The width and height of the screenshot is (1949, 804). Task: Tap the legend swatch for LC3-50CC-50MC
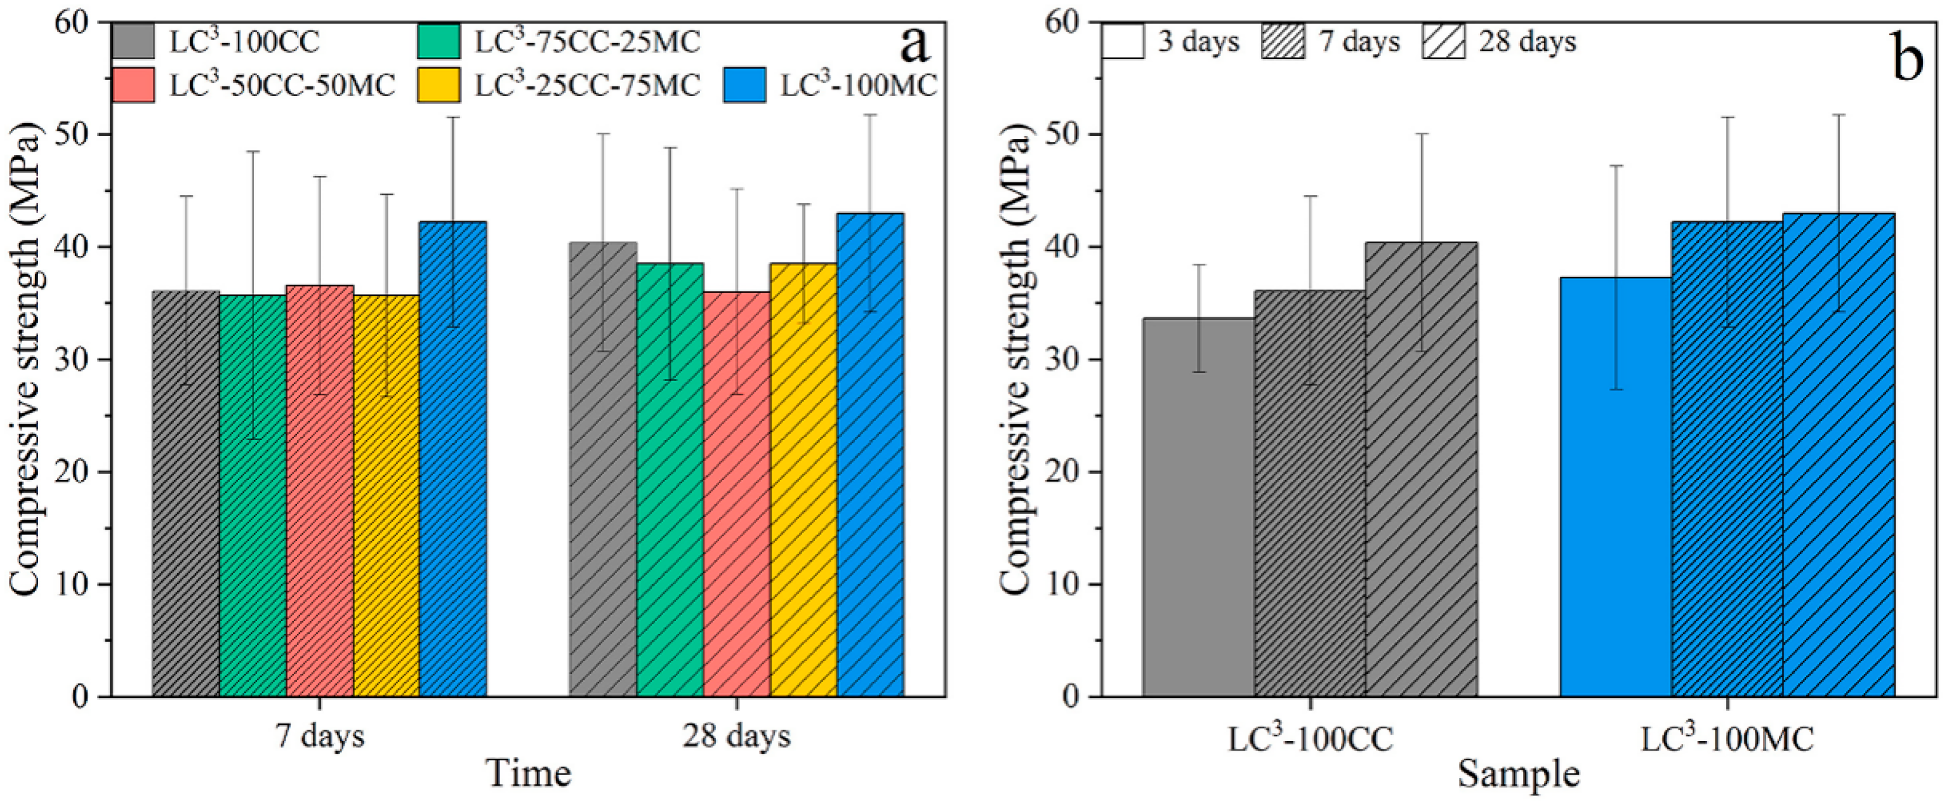click(x=133, y=85)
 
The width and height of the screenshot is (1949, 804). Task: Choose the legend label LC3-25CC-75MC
click(x=587, y=85)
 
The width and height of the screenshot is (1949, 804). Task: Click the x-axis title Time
click(x=528, y=774)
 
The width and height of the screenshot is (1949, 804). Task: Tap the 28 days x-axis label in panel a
click(x=736, y=736)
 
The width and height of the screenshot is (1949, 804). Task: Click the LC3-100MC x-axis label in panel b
click(x=1728, y=740)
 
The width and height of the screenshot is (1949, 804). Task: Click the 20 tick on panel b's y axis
click(x=1064, y=472)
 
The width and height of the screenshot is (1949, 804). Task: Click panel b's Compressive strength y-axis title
click(x=1015, y=359)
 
